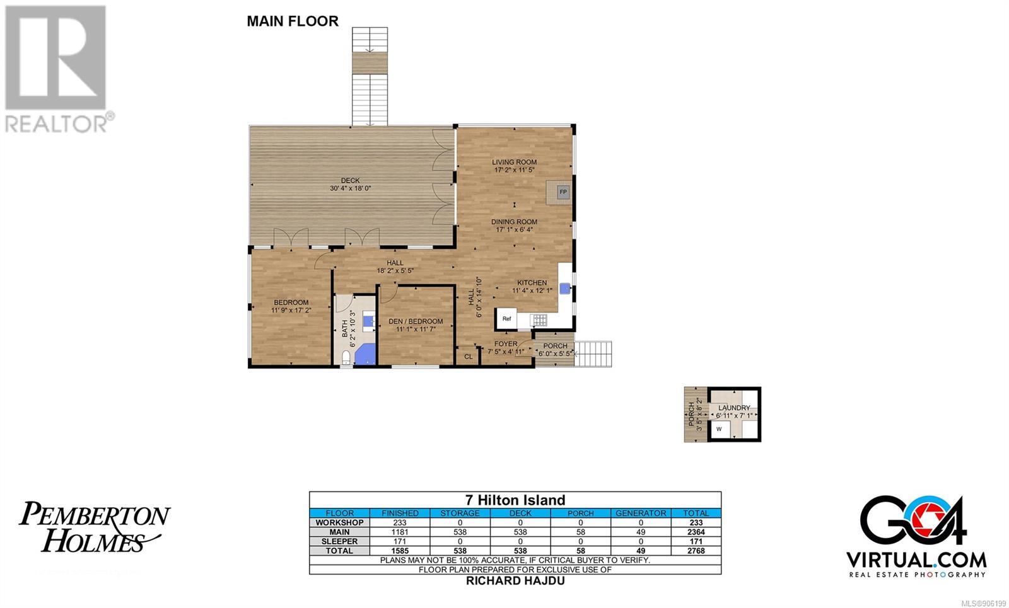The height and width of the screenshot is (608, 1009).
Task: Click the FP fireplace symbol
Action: pos(563,192)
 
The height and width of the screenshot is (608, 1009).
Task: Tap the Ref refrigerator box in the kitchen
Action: pos(506,319)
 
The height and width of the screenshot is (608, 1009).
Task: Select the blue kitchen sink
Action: pos(564,289)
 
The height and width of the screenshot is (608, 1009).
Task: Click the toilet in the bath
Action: pos(346,358)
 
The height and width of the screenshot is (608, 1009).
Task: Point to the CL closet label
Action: pos(469,357)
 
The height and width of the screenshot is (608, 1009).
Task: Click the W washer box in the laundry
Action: pos(720,429)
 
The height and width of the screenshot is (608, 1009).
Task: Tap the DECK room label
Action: pos(350,180)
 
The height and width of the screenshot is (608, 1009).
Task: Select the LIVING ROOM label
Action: pos(514,162)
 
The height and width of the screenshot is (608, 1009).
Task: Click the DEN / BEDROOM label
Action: pos(416,321)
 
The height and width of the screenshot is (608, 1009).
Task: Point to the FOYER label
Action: pos(505,344)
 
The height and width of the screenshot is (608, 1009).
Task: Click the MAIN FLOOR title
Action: pos(293,21)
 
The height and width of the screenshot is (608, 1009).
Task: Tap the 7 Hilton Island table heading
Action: pos(515,500)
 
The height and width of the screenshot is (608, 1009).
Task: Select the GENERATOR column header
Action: pos(641,513)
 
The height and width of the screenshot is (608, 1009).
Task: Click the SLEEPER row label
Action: pos(339,541)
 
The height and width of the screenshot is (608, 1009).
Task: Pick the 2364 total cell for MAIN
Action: pos(696,532)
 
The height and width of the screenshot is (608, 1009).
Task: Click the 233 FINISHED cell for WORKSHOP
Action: pos(400,522)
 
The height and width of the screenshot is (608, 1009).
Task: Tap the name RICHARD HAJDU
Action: pos(515,580)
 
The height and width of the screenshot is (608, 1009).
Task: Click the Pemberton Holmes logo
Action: pos(95,527)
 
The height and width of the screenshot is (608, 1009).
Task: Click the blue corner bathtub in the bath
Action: pos(366,353)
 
